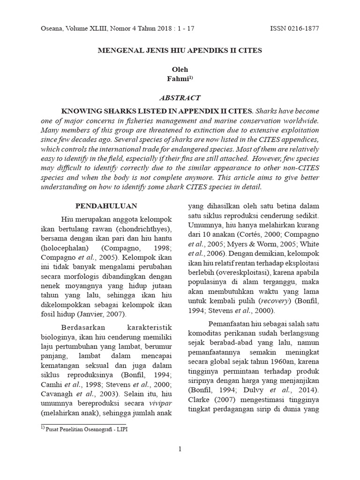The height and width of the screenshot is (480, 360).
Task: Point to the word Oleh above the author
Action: [x=180, y=69]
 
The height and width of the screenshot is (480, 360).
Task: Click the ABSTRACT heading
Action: [x=180, y=98]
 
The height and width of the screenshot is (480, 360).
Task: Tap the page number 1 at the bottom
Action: [x=180, y=450]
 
